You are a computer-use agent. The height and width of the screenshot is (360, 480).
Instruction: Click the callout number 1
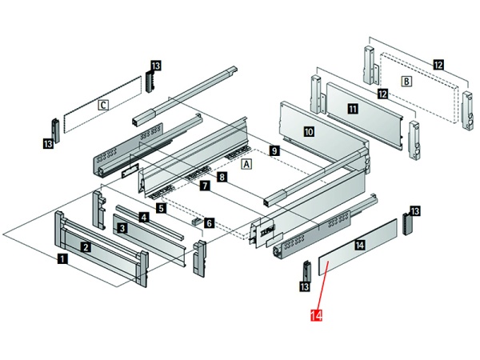click(x=62, y=258)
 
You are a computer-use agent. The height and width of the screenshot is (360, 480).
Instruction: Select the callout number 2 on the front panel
click(x=85, y=247)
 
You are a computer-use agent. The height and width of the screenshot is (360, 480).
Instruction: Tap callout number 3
click(x=122, y=228)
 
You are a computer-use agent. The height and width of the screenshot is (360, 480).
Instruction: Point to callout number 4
click(x=143, y=217)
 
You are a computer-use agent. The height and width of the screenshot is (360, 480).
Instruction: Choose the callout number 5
click(x=162, y=208)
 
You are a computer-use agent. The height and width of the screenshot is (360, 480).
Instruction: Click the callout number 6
click(x=209, y=223)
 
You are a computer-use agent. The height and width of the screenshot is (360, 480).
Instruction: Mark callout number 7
click(x=205, y=186)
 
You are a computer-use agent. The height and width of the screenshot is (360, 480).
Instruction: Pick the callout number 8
click(x=222, y=175)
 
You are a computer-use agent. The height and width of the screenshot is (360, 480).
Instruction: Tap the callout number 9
click(x=274, y=150)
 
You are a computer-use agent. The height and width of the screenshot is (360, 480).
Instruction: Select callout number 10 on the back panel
click(x=309, y=130)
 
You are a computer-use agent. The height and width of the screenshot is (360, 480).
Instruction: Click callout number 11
click(x=353, y=107)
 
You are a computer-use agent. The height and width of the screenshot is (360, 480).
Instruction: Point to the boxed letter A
click(x=246, y=164)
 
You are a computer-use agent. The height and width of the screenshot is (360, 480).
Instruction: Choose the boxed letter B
click(x=406, y=81)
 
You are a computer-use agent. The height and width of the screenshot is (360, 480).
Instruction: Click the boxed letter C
click(x=102, y=104)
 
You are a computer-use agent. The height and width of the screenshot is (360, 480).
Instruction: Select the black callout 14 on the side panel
click(x=359, y=245)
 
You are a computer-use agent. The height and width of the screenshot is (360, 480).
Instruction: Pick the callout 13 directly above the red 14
click(x=303, y=286)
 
